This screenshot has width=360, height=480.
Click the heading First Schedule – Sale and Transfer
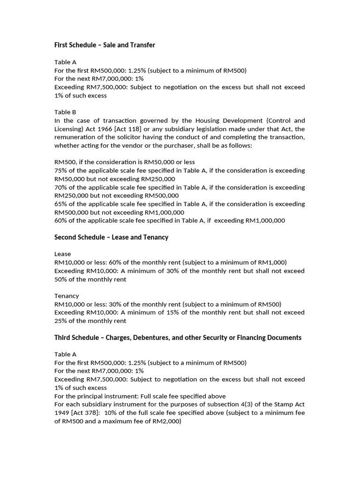pos(105,45)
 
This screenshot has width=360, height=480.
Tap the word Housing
pos(204,120)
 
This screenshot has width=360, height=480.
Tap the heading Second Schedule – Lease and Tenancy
pos(111,237)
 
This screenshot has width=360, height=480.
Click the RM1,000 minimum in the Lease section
pos(272,262)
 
